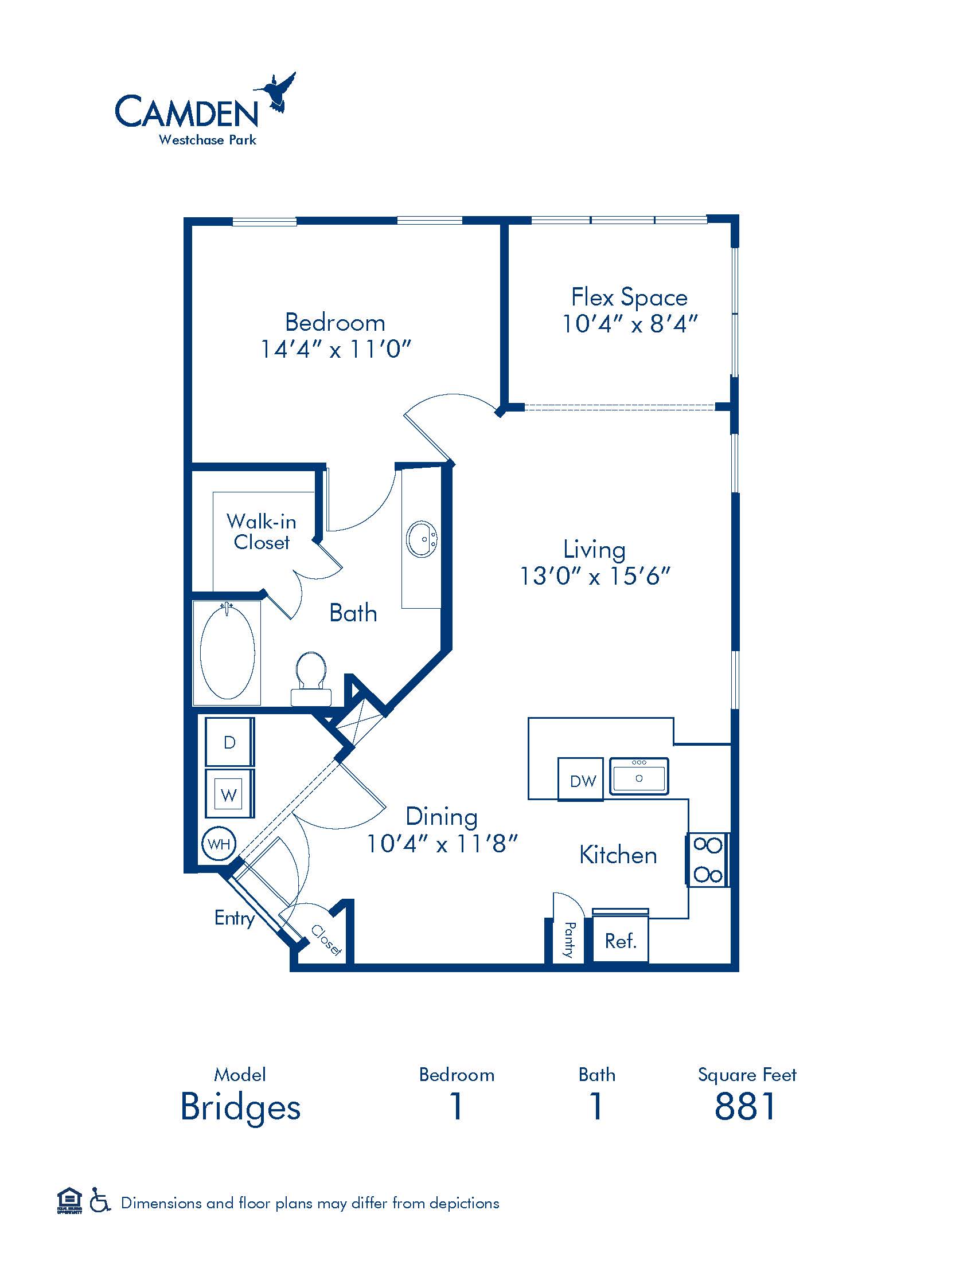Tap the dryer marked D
point(229,742)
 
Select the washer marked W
point(229,793)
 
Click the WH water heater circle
point(219,844)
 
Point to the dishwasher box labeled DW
point(580,780)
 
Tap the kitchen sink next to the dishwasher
point(639,776)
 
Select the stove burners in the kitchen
point(708,860)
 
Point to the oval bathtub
point(227,651)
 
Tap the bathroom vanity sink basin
point(422,539)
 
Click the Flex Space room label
point(630,297)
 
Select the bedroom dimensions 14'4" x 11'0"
point(336,349)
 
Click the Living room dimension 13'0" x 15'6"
point(595,576)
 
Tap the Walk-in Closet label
point(262,532)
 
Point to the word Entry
point(235,918)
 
